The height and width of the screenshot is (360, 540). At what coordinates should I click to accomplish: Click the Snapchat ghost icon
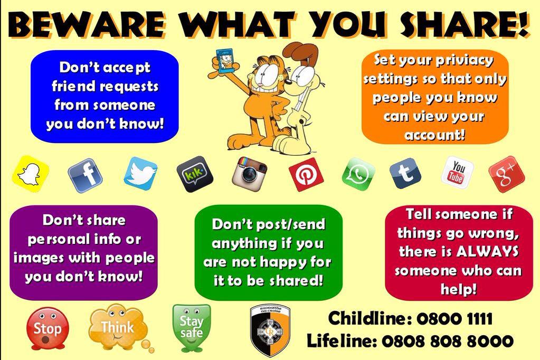pos(30,173)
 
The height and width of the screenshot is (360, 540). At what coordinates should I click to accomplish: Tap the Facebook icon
pos(85,175)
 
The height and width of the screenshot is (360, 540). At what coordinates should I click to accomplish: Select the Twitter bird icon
pos(140,173)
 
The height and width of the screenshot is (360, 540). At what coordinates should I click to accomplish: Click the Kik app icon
pos(195,174)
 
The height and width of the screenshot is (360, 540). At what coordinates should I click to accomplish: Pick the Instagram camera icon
pos(249,173)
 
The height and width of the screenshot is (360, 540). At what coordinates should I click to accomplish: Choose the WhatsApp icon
pos(358,174)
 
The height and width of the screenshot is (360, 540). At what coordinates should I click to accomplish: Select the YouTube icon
pos(457,172)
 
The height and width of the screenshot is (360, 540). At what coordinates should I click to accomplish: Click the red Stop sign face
pos(48,328)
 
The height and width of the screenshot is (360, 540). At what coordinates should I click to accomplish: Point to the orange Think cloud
pos(117,326)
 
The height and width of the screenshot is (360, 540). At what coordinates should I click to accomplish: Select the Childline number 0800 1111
pos(454,319)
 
